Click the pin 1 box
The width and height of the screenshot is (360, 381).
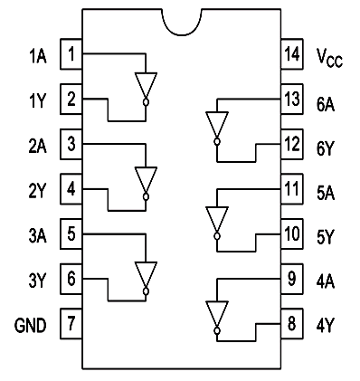coord(71,54)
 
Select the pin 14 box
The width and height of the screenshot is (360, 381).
coord(290,54)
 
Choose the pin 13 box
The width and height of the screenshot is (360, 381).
coord(290,99)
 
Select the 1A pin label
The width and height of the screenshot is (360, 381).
coord(35,55)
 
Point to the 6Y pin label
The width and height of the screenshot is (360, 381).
coord(326,143)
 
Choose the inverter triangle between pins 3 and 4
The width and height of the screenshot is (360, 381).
coord(146,179)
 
